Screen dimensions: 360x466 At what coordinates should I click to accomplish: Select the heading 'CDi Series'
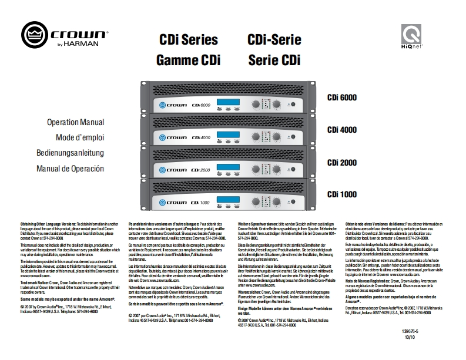pos(189,40)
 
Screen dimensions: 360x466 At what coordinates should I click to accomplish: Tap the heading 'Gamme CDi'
pos(188,60)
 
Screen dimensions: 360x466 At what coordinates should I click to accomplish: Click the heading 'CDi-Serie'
pos(274,40)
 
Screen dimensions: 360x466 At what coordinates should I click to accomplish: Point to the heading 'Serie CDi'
pos(274,60)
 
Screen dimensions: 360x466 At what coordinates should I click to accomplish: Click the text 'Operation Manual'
pos(76,123)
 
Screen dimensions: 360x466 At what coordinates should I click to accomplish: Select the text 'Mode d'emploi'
pos(79,137)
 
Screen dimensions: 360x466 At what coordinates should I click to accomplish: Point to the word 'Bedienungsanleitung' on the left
pos(70,153)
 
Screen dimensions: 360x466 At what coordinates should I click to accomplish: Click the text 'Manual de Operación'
pos(70,169)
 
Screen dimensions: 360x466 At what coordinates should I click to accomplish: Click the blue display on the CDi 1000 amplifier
pos(229,202)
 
